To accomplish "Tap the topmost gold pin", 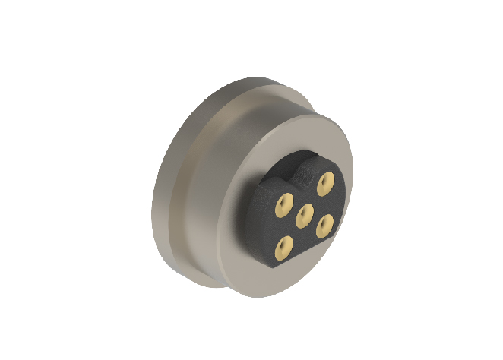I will (x=327, y=181).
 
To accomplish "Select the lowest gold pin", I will (x=285, y=244).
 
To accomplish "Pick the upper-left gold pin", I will (x=284, y=201).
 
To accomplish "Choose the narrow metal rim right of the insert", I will (x=346, y=197).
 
